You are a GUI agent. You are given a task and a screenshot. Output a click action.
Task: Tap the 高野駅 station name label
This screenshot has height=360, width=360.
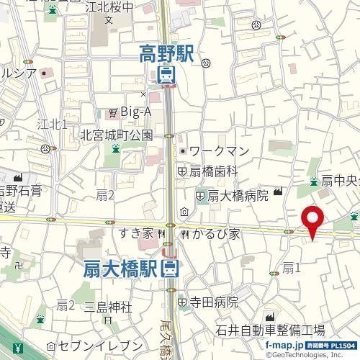(x=167, y=53)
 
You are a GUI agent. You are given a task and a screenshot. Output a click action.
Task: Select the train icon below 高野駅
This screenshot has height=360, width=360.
(x=166, y=74)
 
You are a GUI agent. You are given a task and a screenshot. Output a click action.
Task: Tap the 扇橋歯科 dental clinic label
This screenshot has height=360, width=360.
(x=213, y=171)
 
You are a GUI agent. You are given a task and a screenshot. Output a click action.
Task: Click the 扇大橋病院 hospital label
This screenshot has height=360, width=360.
(x=238, y=194)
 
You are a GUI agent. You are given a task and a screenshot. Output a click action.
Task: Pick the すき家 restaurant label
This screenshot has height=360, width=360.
(x=137, y=234)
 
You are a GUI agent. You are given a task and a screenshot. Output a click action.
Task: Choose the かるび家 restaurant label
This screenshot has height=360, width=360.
(x=210, y=234)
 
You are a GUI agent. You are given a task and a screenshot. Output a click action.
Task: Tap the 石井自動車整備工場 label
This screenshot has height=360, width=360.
(x=271, y=330)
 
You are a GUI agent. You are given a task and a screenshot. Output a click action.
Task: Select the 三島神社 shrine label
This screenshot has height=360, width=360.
(x=109, y=307)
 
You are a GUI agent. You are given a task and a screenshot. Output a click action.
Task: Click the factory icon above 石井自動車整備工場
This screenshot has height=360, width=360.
(x=271, y=318)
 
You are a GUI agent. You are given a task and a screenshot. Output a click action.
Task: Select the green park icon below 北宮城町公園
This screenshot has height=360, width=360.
(x=115, y=148)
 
